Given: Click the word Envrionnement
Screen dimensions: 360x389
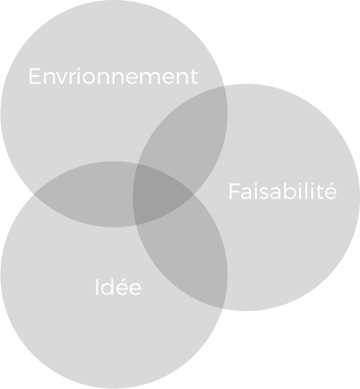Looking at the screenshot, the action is point(113,76).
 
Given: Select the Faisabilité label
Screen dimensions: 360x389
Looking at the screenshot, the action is point(282,190).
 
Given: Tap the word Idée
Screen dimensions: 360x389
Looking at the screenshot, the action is point(118,287).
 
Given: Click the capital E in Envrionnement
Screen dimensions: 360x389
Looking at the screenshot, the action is point(34,76).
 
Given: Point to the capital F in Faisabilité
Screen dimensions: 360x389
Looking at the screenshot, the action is point(234,190).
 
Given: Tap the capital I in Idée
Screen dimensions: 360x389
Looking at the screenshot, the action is point(97,287).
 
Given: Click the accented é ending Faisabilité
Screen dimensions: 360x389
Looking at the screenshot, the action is point(330,190).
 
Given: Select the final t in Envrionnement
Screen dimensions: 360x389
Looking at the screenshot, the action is point(194,78).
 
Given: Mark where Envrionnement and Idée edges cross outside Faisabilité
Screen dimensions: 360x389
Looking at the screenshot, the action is point(34,194).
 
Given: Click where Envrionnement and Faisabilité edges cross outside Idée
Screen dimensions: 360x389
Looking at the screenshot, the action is point(224,86).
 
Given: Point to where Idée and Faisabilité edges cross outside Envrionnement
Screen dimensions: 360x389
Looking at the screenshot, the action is point(222,308).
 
